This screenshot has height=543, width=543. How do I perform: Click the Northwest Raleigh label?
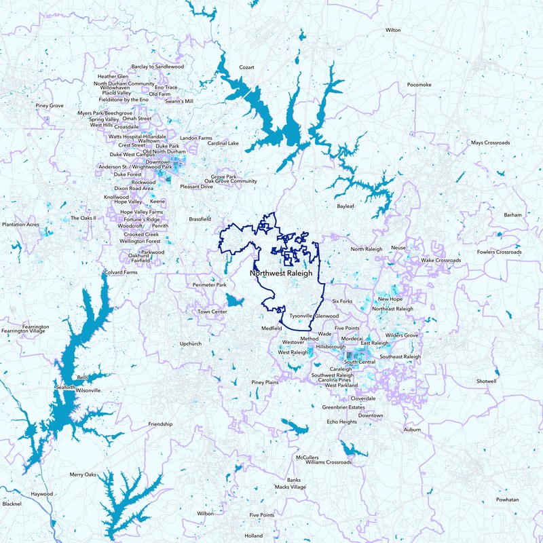tap(280, 273)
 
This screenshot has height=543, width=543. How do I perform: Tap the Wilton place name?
tap(393, 31)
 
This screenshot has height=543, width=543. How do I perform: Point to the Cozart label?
tap(246, 68)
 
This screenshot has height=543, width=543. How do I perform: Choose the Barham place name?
tap(513, 215)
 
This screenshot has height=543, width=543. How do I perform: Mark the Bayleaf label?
tap(346, 206)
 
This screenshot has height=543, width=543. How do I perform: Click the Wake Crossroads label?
tap(441, 260)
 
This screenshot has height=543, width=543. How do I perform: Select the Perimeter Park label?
tap(209, 285)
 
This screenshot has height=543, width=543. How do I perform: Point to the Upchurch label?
tap(192, 344)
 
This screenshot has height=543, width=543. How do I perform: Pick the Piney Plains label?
tap(265, 383)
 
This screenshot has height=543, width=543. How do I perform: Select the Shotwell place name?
tap(487, 381)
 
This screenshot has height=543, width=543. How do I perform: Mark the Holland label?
tap(253, 536)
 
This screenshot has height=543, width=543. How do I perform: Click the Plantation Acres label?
tap(21, 224)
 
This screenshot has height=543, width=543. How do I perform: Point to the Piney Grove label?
tap(50, 106)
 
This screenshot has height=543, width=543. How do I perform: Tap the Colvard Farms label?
tap(121, 272)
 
